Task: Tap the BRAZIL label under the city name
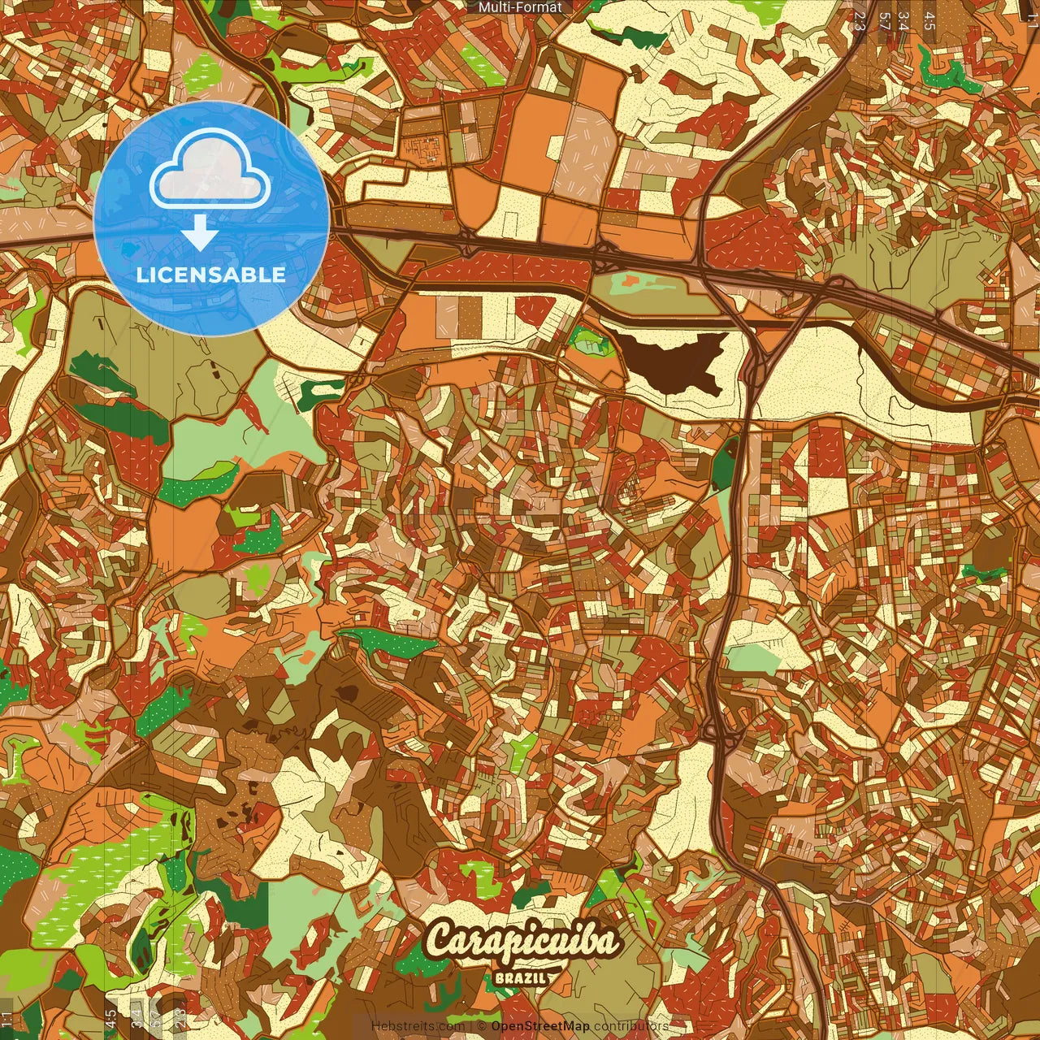(x=520, y=978)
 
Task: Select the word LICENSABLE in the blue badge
(x=211, y=275)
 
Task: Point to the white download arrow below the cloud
(x=199, y=233)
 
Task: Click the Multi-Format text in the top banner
(x=520, y=7)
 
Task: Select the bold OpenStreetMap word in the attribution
(x=540, y=1026)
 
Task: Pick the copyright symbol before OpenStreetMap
(x=482, y=1026)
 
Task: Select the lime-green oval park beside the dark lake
(x=590, y=340)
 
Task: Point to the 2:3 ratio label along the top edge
(x=860, y=19)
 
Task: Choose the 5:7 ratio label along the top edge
(x=884, y=19)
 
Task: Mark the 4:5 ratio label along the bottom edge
(x=110, y=1019)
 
